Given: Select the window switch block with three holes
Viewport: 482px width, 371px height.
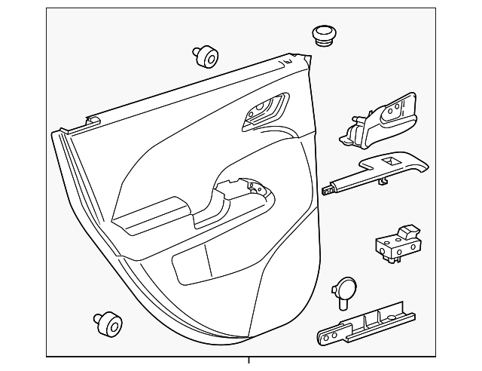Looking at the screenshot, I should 397,245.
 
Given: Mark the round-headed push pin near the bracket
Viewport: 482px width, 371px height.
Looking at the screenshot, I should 345,289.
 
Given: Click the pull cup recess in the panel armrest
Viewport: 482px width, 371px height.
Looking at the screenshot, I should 246,195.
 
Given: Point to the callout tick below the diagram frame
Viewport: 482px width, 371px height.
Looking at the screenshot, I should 249,363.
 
